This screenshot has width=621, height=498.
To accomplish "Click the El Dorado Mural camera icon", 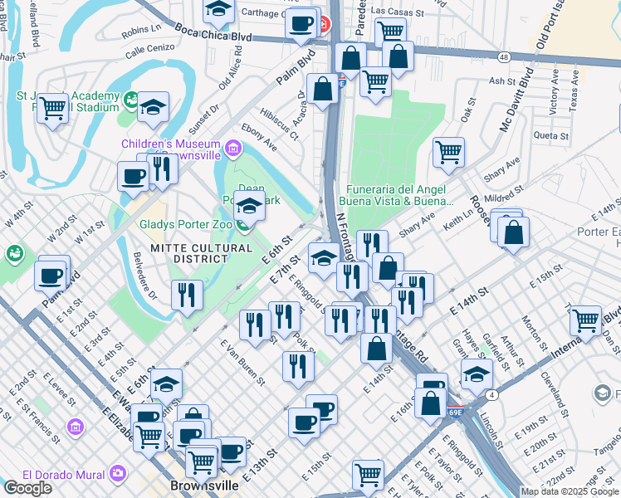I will [117, 474].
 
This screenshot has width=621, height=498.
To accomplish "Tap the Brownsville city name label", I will [204, 486].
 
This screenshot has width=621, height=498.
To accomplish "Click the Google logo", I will [27, 488].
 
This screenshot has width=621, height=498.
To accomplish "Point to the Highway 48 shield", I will [504, 57].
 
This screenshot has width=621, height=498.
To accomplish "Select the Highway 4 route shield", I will [491, 394].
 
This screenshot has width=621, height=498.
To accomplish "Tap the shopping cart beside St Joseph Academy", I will [53, 107].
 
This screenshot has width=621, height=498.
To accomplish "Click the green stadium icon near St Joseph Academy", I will [130, 100].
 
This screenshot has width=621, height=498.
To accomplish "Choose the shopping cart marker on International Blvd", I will [586, 319].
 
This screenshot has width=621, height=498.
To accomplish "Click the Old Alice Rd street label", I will [230, 69].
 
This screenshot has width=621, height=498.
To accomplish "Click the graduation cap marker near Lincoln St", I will [477, 373].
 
